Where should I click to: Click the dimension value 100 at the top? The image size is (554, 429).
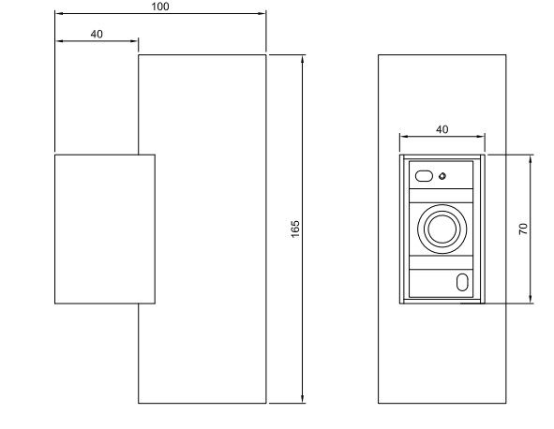point(160,7)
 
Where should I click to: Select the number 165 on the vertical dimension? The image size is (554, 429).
point(295,229)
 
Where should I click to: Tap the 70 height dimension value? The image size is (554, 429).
point(523,229)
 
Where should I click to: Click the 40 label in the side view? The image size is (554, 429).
point(97,34)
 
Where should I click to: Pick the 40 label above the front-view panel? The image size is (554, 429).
point(442,129)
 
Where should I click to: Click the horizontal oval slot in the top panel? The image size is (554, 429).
point(424,176)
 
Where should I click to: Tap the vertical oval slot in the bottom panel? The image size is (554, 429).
point(462,282)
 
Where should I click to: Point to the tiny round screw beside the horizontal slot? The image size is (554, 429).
point(442,176)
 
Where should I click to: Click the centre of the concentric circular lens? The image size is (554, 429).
point(442,229)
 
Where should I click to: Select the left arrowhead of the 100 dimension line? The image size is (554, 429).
point(59,14)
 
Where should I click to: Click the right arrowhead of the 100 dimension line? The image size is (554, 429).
point(262,14)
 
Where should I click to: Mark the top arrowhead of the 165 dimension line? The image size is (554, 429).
point(303,59)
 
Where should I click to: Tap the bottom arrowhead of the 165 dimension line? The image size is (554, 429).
point(303,399)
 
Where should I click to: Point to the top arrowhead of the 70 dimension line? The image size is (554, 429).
point(531,159)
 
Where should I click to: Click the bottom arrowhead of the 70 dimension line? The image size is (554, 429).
point(531,299)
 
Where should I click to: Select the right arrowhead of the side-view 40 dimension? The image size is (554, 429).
point(134,41)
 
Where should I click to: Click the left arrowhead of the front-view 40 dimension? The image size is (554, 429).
point(404,137)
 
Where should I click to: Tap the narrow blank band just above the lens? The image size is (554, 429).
point(441,196)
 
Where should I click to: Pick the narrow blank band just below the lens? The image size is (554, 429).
point(441,262)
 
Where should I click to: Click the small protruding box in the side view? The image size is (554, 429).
point(105,229)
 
